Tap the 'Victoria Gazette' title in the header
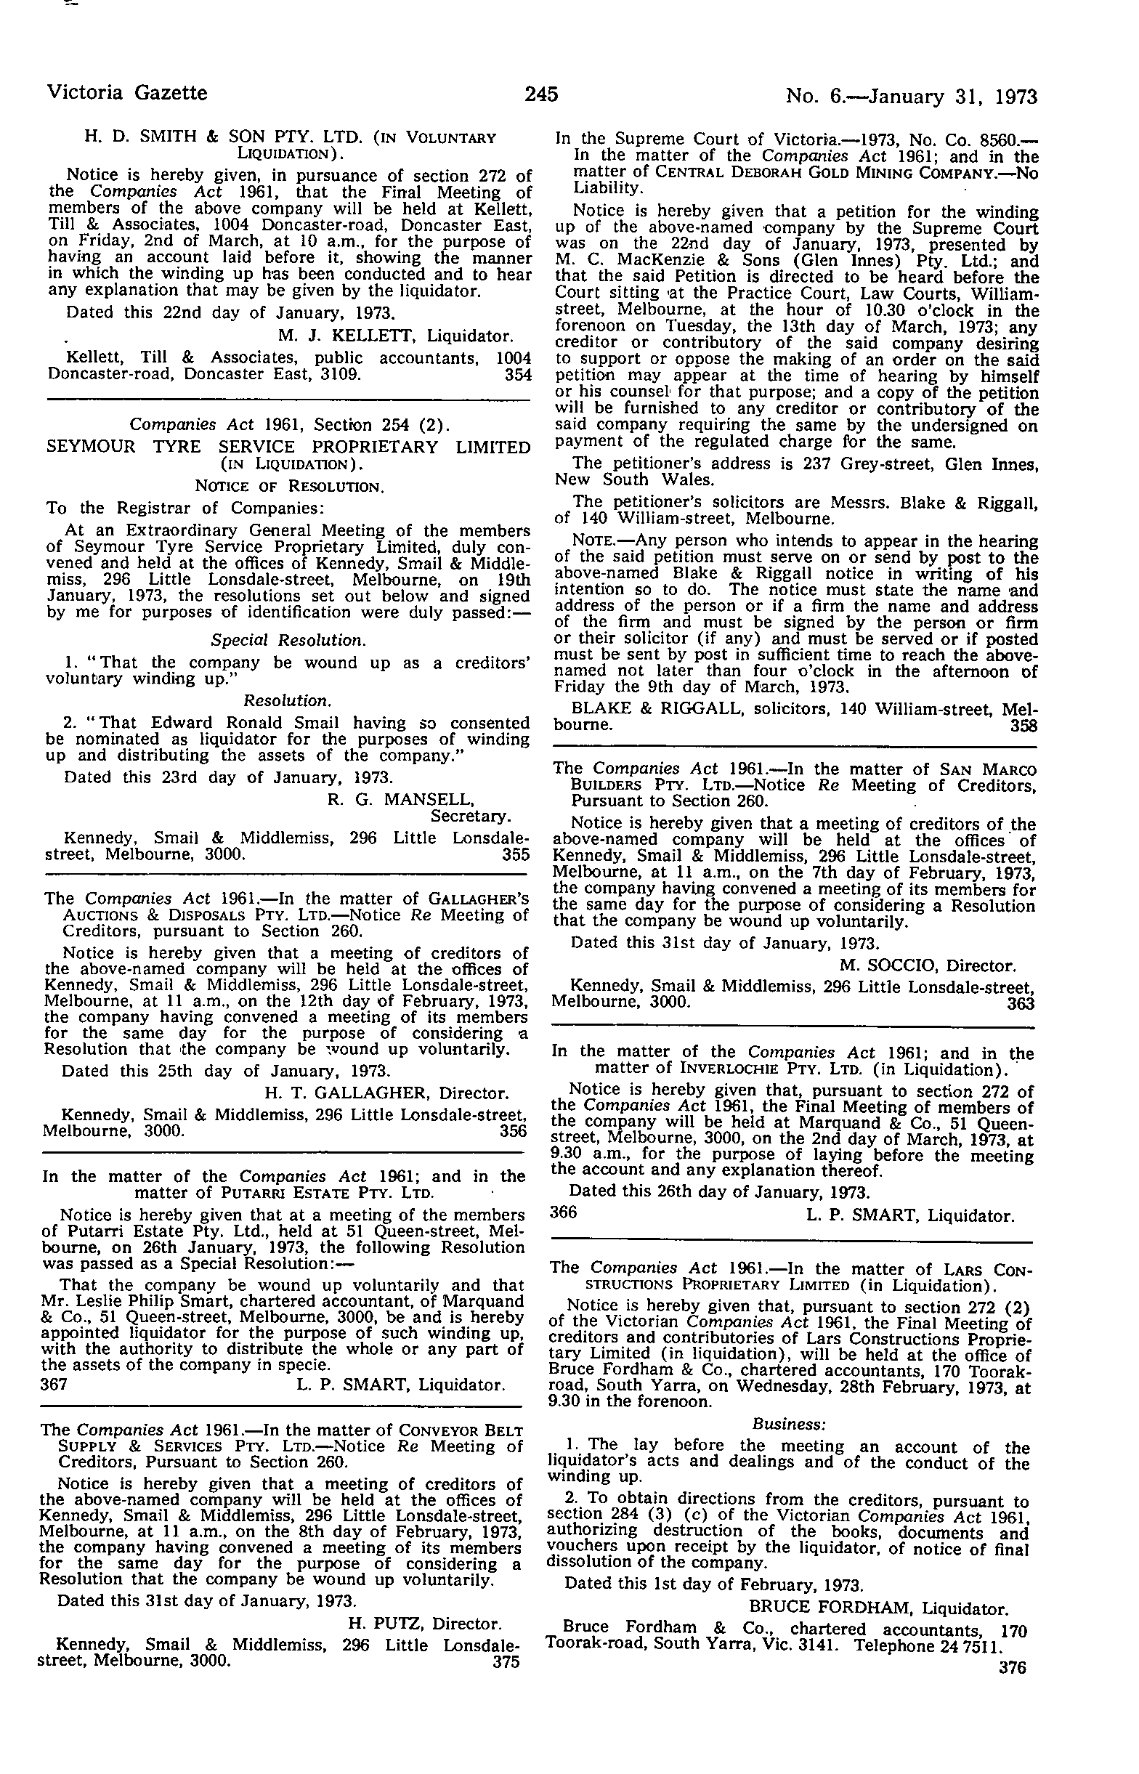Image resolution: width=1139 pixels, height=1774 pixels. [127, 93]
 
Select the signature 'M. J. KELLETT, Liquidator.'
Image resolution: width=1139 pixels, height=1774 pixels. [396, 336]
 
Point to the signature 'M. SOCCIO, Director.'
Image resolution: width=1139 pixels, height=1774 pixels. [928, 965]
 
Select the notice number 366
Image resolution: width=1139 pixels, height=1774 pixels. [564, 1212]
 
